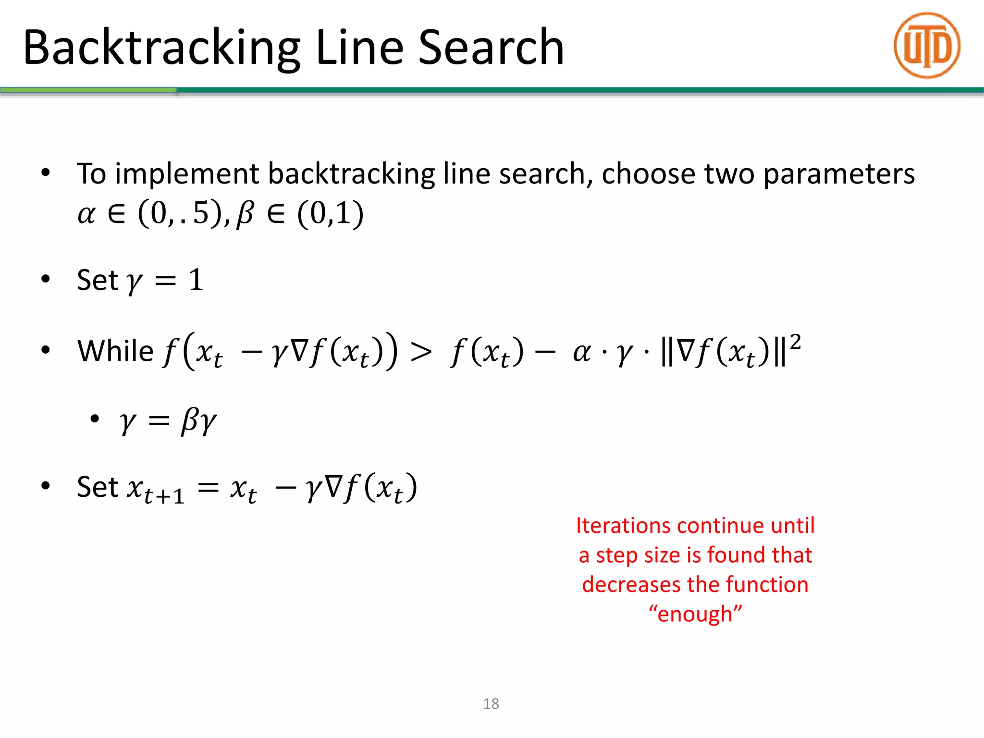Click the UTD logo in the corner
pyautogui.click(x=927, y=46)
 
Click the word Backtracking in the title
pyautogui.click(x=161, y=48)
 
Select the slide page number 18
pyautogui.click(x=491, y=703)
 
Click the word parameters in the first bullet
pyautogui.click(x=838, y=174)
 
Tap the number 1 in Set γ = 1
pyautogui.click(x=196, y=280)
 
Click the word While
pyautogui.click(x=115, y=351)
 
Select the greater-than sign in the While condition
pyautogui.click(x=421, y=352)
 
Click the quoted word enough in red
pyautogui.click(x=695, y=614)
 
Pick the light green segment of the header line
pyautogui.click(x=88, y=90)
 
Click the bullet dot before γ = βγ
pyautogui.click(x=95, y=419)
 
